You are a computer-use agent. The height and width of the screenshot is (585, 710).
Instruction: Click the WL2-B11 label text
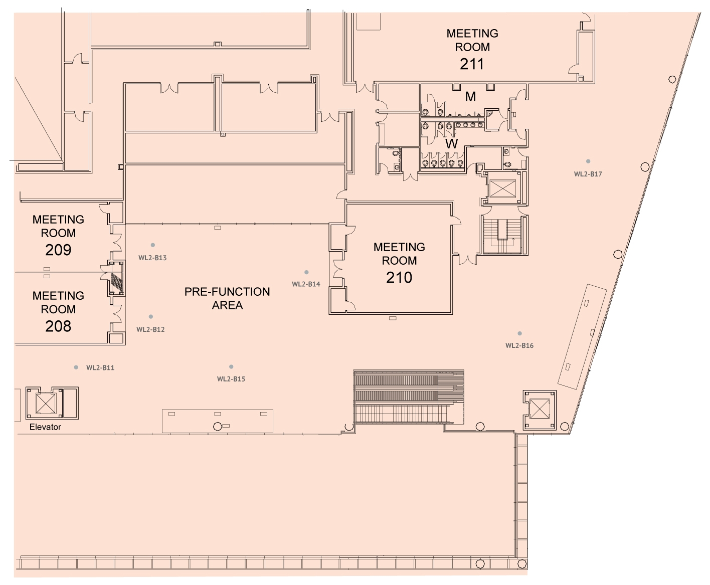click(100, 367)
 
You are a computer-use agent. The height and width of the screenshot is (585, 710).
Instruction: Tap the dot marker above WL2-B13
click(152, 245)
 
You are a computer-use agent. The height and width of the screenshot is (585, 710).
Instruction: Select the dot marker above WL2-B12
click(150, 316)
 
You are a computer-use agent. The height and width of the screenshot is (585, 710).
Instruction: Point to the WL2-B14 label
click(306, 284)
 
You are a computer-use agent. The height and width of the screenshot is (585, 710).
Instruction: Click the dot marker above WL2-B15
click(231, 366)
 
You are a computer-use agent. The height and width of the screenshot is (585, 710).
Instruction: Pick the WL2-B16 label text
click(519, 346)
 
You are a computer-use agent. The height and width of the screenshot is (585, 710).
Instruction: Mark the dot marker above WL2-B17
click(588, 161)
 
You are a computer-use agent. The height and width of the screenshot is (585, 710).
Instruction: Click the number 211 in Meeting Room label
click(472, 64)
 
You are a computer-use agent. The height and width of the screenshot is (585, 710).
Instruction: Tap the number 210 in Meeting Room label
click(399, 277)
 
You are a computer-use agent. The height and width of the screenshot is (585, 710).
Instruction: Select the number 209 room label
click(58, 250)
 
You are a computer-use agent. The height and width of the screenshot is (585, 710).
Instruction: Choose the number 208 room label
click(58, 326)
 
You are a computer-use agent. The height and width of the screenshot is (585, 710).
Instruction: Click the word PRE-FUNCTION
click(227, 292)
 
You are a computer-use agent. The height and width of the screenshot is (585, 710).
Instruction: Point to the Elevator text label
click(45, 427)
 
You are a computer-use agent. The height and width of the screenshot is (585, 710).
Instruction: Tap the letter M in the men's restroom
click(470, 97)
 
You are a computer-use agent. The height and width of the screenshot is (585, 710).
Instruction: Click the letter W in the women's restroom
click(451, 144)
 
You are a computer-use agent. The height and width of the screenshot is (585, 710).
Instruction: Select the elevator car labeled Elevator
click(46, 403)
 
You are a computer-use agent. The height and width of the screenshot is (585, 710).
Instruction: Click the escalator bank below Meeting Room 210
click(409, 397)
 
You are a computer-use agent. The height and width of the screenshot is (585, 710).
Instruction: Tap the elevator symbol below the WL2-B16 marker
click(540, 409)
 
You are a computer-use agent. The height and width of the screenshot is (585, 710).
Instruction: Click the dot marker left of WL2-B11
click(76, 367)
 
